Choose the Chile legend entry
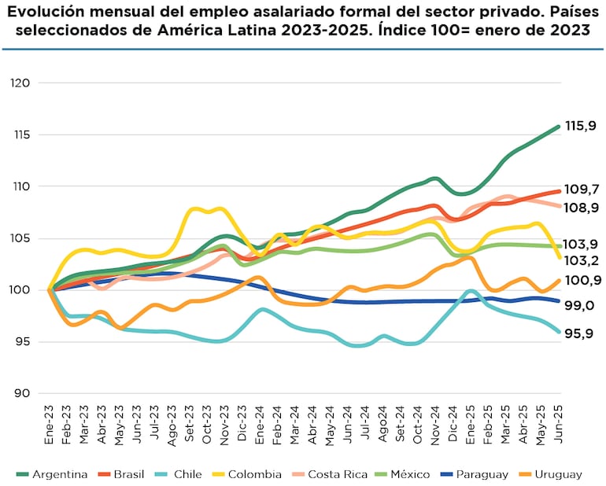pyautogui.click(x=183, y=474)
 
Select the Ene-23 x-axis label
pyautogui.click(x=50, y=428)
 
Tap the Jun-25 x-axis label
pyautogui.click(x=558, y=428)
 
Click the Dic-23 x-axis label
pyautogui.click(x=242, y=428)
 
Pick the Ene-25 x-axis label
pyautogui.click(x=471, y=428)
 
